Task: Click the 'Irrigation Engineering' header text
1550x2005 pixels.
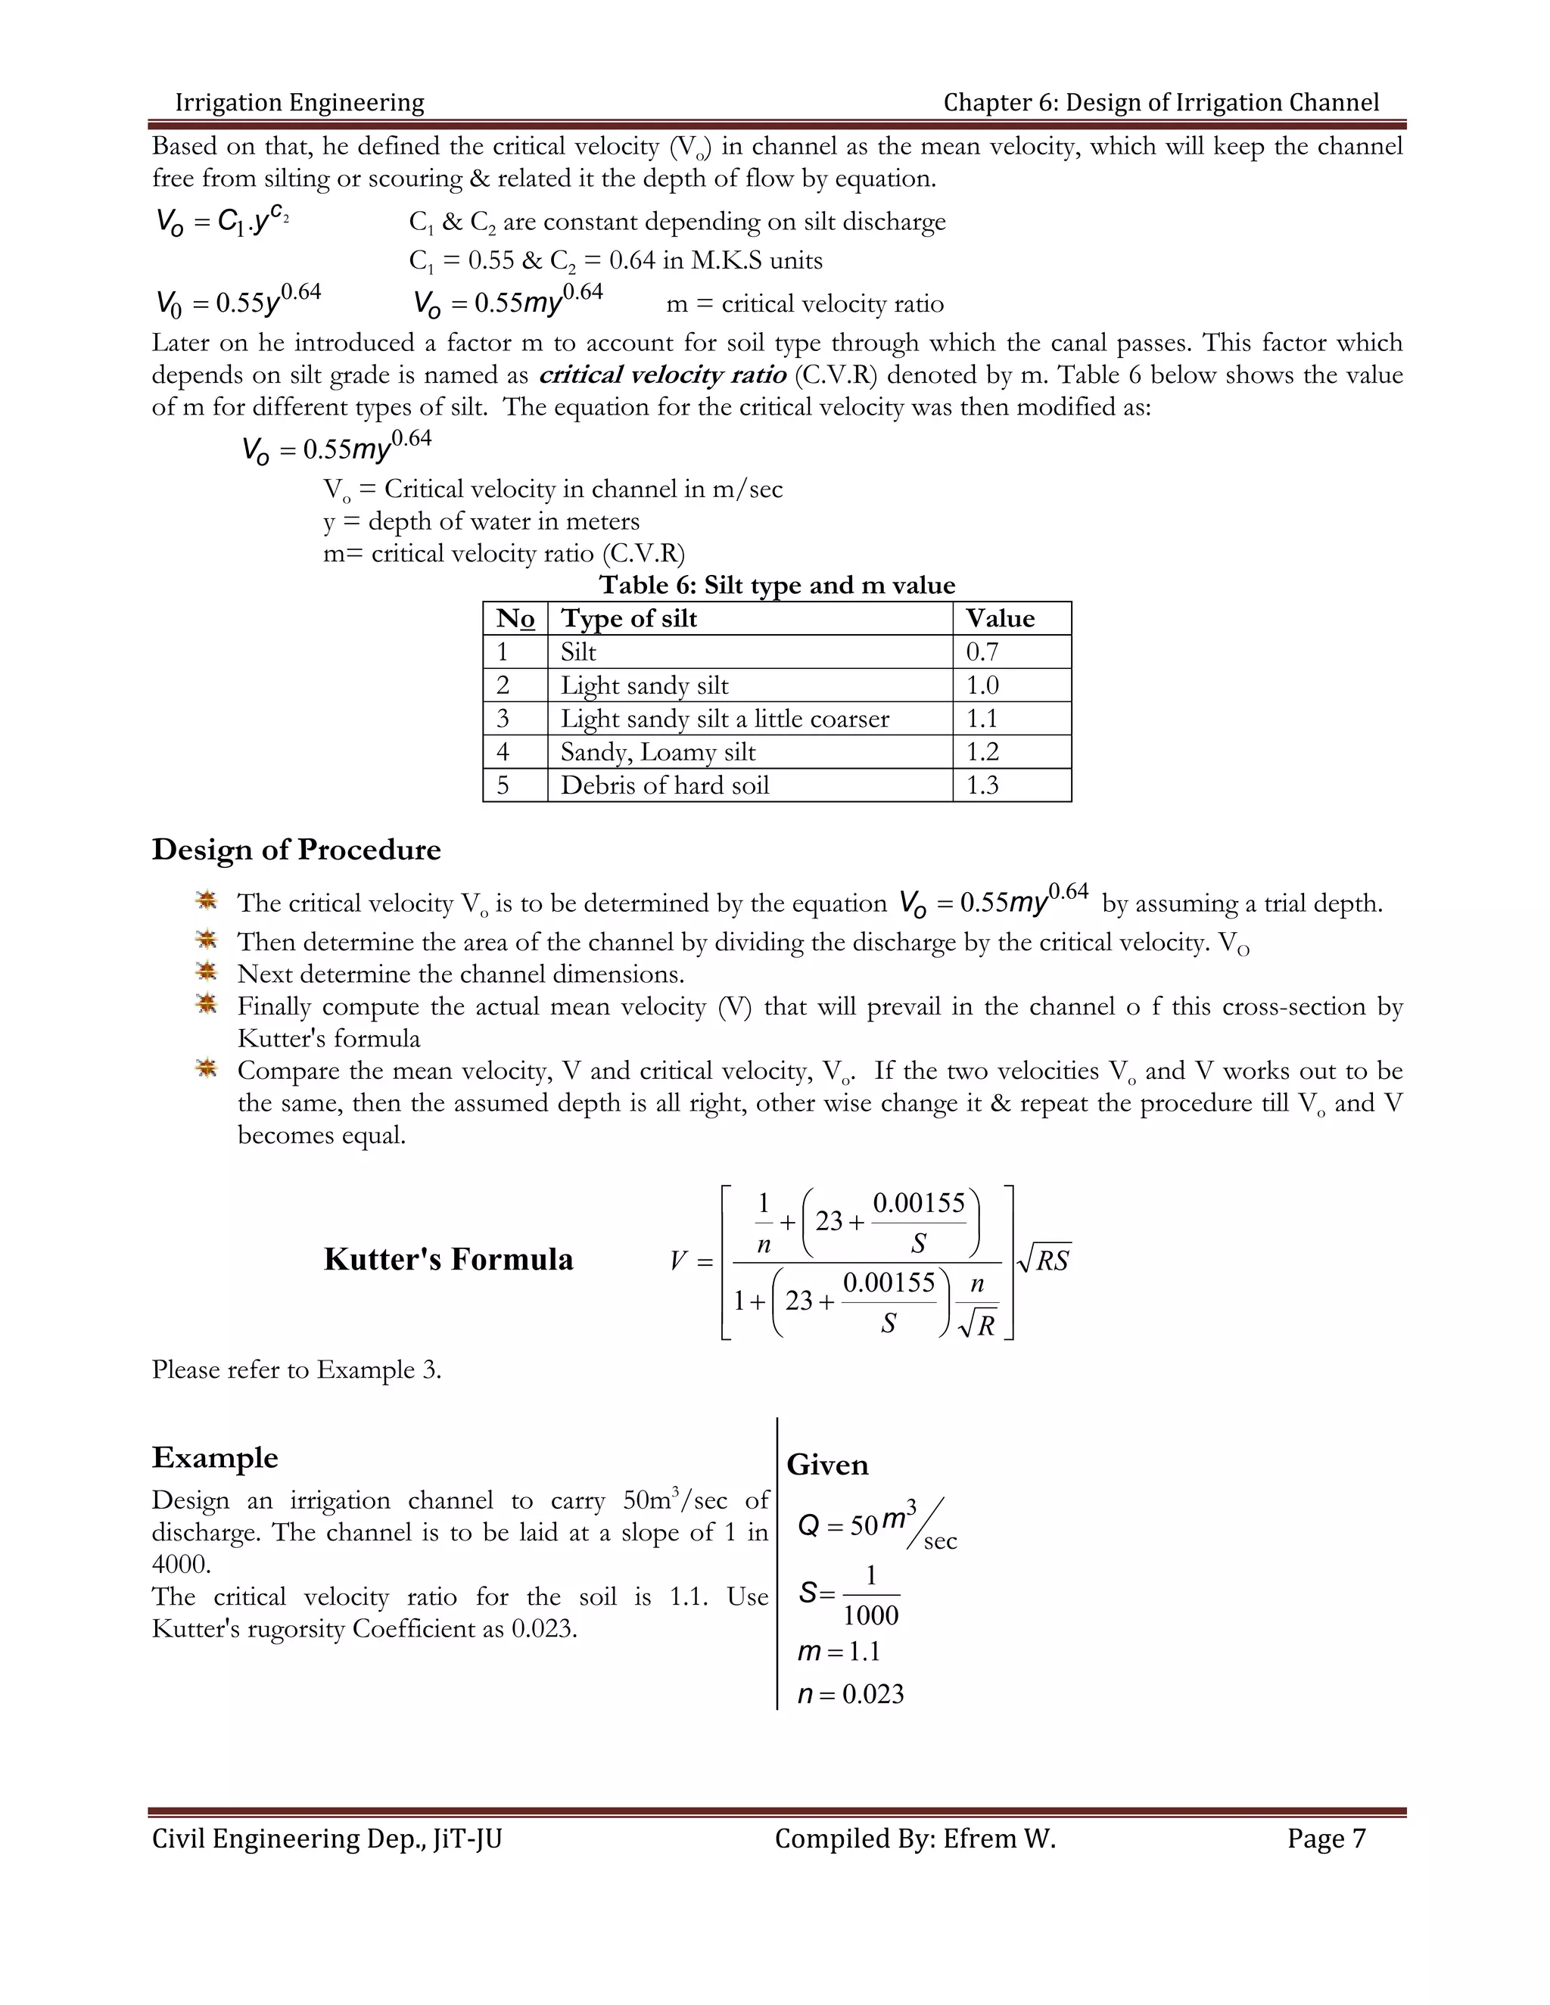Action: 300,103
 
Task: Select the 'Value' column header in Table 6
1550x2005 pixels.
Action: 1000,619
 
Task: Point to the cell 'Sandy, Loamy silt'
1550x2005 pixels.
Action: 658,753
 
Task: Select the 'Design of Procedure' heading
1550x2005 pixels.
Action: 296,849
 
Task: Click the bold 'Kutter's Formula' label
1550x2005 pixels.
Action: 448,1259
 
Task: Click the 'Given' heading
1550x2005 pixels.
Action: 826,1464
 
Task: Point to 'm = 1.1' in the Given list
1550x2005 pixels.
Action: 839,1652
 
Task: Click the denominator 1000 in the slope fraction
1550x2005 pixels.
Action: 870,1615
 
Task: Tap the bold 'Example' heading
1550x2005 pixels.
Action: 215,1458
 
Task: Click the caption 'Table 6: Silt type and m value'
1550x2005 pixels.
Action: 777,585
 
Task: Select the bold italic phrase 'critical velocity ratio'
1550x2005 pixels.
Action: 662,375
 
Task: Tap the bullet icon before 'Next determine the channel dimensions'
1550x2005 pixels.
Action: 207,971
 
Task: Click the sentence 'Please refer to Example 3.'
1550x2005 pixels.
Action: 296,1369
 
